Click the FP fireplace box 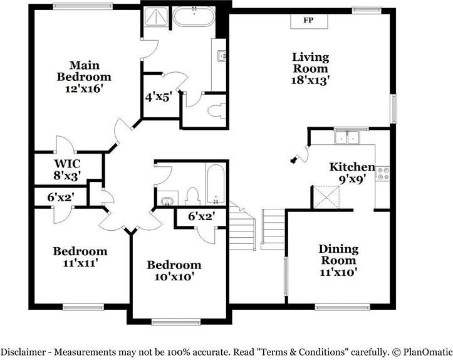(308, 21)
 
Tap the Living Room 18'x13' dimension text (311, 80)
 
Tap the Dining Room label (338, 255)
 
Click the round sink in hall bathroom (167, 201)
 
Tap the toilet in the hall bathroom (193, 195)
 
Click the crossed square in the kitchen (326, 196)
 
